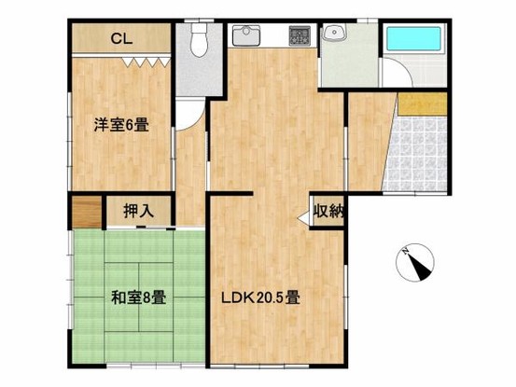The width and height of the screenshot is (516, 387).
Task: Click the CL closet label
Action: click(x=120, y=39)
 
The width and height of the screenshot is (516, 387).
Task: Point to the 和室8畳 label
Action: click(x=139, y=299)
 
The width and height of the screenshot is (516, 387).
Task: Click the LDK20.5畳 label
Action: click(x=259, y=299)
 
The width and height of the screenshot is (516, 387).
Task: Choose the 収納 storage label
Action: click(x=328, y=212)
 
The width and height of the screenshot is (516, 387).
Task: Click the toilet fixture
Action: click(x=198, y=41)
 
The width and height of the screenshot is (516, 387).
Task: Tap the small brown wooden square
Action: click(x=84, y=213)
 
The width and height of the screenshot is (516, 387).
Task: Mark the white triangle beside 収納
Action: click(x=304, y=218)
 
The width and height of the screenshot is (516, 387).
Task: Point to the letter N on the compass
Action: click(x=404, y=253)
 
